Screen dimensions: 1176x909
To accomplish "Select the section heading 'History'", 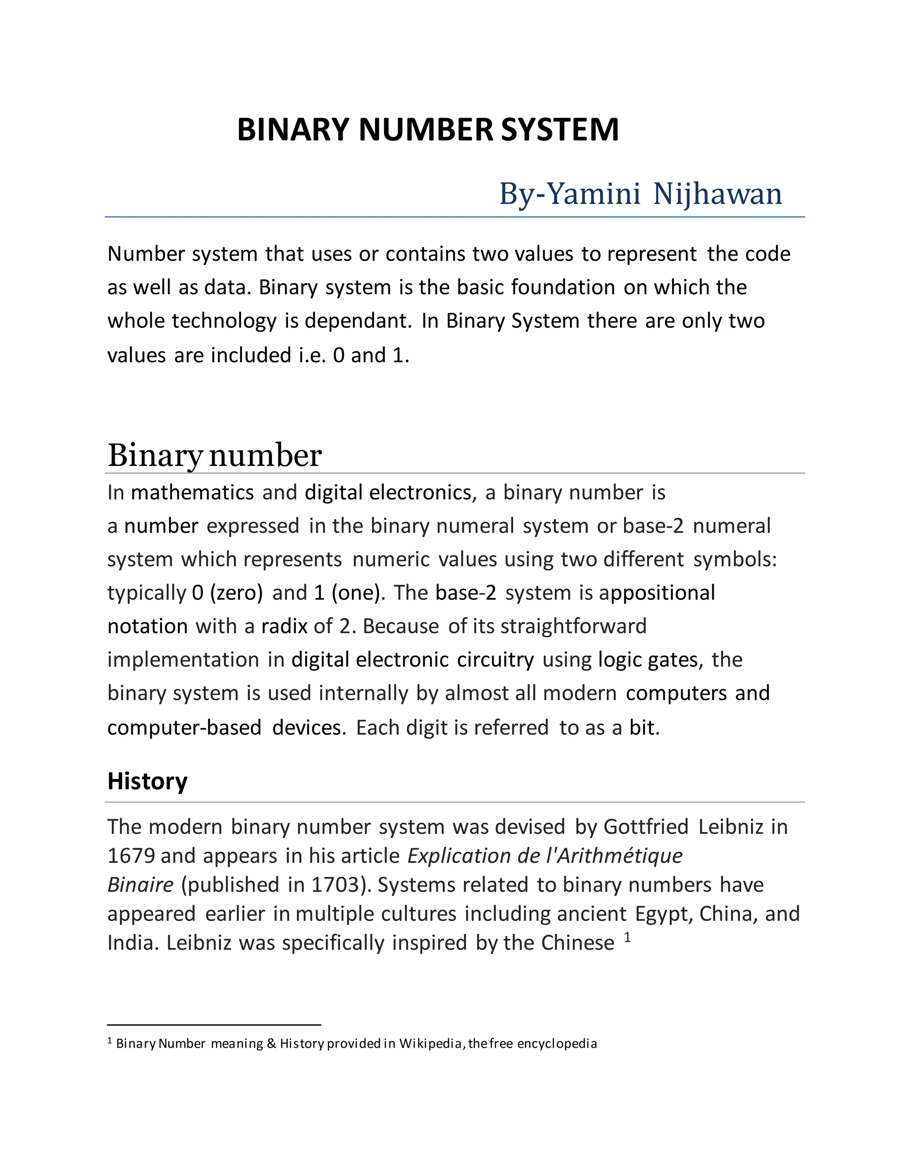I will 147,781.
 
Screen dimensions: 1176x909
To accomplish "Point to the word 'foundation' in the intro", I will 563,288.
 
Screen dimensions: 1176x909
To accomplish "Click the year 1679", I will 131,856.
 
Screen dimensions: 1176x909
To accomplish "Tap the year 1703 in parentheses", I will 336,885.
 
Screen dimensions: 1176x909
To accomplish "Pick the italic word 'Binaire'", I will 140,885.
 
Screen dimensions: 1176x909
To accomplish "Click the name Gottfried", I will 646,827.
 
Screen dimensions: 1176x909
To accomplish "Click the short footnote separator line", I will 214,1025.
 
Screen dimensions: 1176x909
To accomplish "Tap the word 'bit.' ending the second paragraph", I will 644,727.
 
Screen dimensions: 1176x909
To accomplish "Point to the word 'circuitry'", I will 495,659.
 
